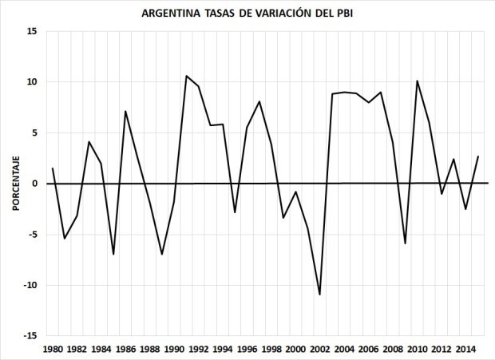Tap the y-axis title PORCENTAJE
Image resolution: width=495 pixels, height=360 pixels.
pyautogui.click(x=15, y=184)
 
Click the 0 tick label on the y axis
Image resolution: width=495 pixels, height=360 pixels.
pyautogui.click(x=35, y=184)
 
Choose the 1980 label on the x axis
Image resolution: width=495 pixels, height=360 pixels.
pyautogui.click(x=53, y=349)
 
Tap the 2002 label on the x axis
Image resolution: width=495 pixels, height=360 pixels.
pyautogui.click(x=320, y=349)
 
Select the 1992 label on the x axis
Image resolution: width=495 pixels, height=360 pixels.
pyautogui.click(x=199, y=349)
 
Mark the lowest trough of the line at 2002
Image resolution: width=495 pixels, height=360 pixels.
pyautogui.click(x=320, y=295)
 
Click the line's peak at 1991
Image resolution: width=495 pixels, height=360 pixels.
pyautogui.click(x=186, y=76)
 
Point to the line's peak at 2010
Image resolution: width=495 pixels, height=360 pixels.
pyautogui.click(x=417, y=81)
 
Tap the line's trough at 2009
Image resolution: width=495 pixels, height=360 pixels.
pyautogui.click(x=405, y=243)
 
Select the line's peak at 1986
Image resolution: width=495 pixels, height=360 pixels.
pyautogui.click(x=125, y=111)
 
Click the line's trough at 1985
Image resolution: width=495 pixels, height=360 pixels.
pyautogui.click(x=113, y=255)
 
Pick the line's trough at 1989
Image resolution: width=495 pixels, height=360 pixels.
pyautogui.click(x=162, y=255)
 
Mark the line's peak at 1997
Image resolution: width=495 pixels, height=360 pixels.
pyautogui.click(x=259, y=101)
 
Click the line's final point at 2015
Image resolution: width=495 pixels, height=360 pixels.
pyautogui.click(x=478, y=156)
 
